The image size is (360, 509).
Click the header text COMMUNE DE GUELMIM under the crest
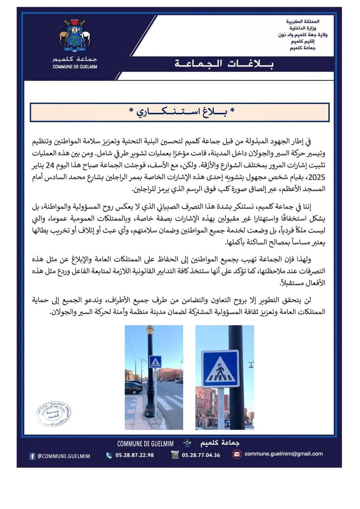coord(75,67)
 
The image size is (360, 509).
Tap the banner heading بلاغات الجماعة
coord(224,64)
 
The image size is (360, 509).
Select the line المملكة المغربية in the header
coord(303,22)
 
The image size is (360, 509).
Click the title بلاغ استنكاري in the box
coord(182,112)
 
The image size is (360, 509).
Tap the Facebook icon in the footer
coord(32,456)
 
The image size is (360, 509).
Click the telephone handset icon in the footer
coord(109,455)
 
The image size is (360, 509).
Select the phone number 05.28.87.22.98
coord(134,455)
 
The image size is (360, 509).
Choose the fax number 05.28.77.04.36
coord(201,455)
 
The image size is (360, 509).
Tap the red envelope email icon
coord(236,454)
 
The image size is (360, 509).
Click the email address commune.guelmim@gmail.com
coord(283,454)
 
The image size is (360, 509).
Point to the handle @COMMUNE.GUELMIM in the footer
coord(63,456)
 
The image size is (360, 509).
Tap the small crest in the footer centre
coord(187,443)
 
